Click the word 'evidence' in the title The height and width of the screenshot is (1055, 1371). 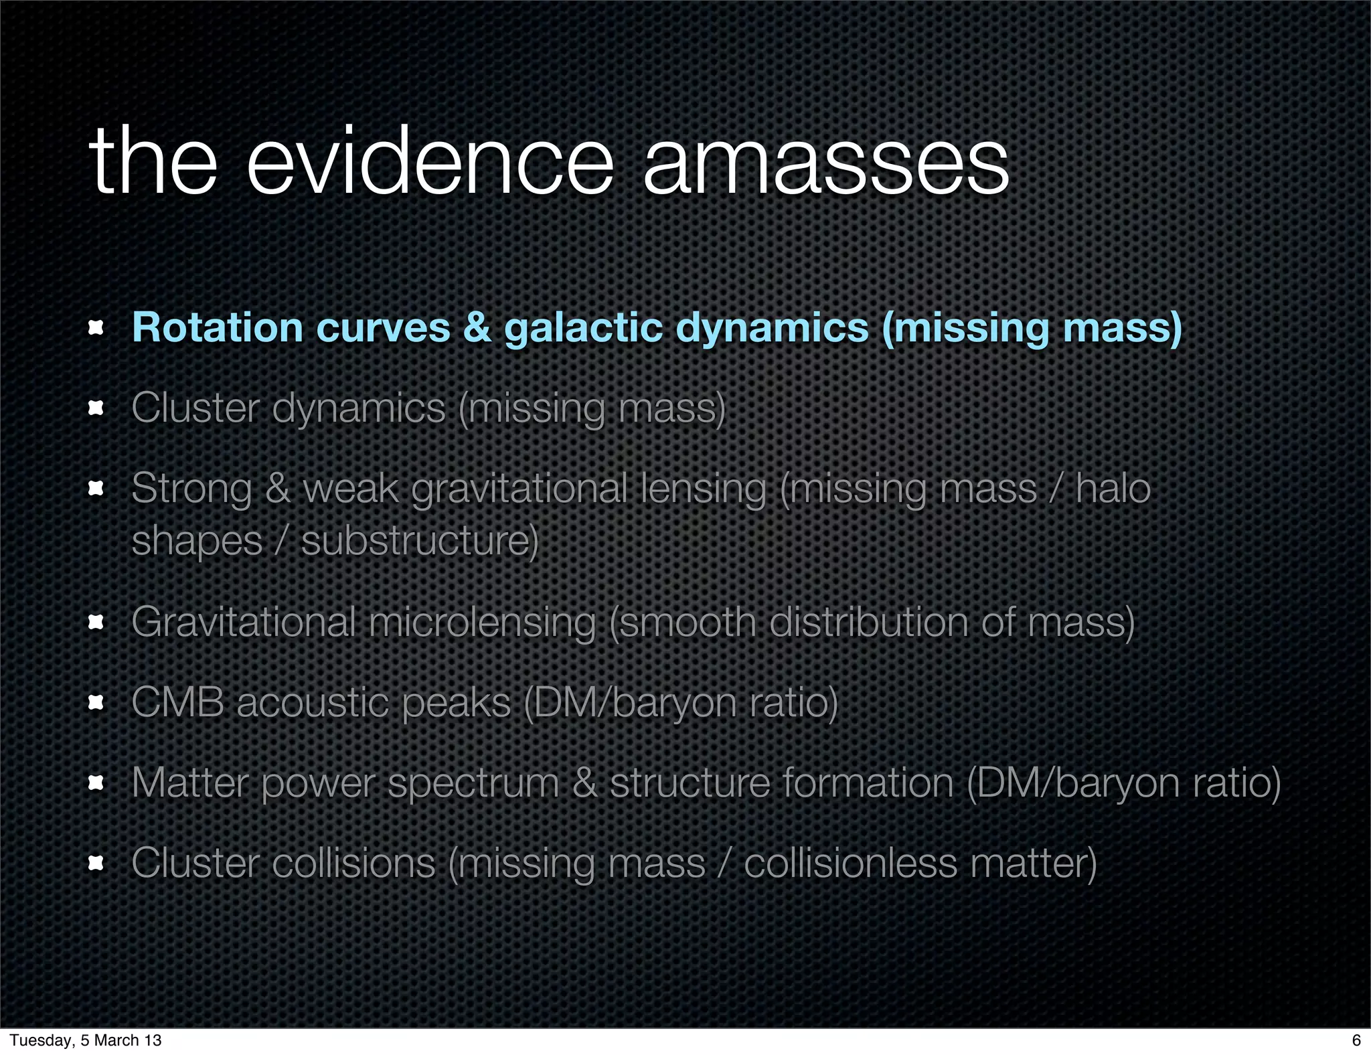click(x=430, y=162)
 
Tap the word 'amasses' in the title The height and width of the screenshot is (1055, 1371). click(x=825, y=162)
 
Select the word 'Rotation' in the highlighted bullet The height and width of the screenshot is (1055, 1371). click(x=218, y=328)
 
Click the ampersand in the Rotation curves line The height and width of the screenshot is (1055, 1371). click(x=477, y=328)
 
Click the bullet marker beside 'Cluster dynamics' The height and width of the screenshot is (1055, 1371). click(x=96, y=408)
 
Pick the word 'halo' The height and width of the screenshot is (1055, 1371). click(x=1113, y=488)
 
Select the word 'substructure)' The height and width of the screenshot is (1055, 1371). click(x=420, y=541)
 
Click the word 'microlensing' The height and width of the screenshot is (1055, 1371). click(x=482, y=622)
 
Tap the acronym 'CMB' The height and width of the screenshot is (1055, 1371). click(x=177, y=702)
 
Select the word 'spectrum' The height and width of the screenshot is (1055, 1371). click(x=473, y=783)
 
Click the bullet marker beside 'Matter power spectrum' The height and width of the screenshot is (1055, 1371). click(x=96, y=783)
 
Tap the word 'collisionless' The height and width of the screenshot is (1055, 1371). click(x=850, y=863)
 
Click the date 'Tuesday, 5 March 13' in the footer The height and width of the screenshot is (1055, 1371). click(x=86, y=1040)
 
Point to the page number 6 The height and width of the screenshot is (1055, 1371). click(x=1356, y=1040)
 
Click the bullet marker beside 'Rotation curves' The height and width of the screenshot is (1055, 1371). click(x=96, y=328)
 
